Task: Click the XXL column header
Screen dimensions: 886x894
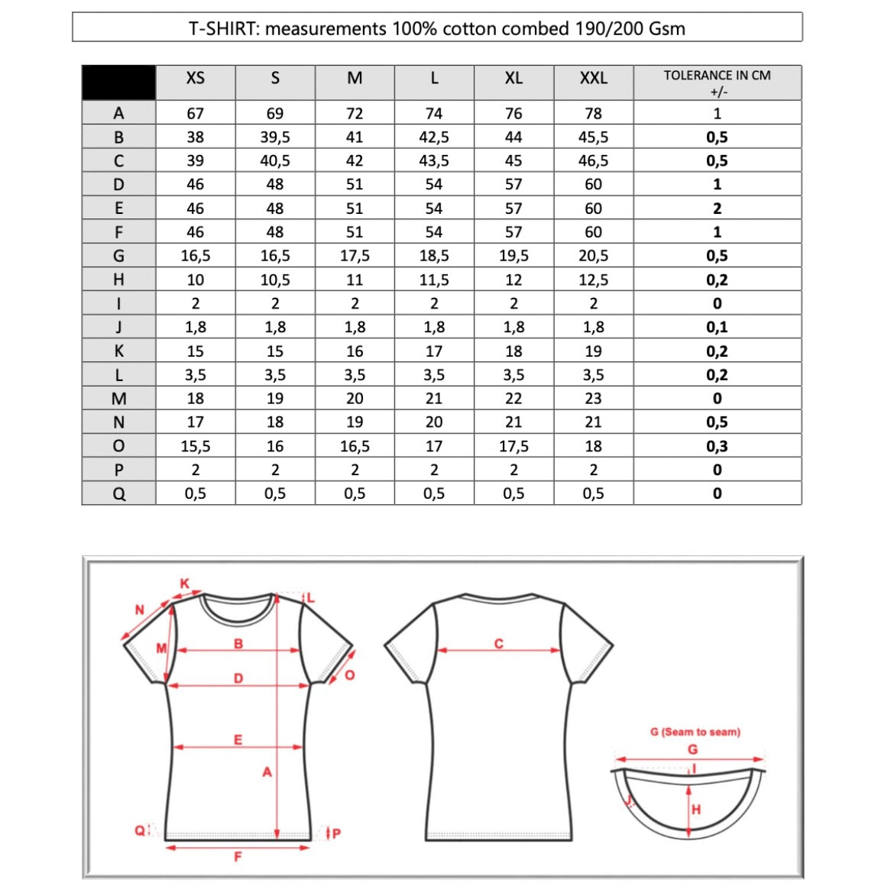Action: (593, 79)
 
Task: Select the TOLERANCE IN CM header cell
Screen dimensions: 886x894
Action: (717, 82)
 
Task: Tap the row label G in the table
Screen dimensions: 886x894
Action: (118, 256)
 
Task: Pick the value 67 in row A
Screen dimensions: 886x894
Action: (196, 114)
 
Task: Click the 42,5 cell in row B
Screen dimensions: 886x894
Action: (434, 137)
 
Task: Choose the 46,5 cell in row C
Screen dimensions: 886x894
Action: (593, 161)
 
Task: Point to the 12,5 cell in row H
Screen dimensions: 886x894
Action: (593, 280)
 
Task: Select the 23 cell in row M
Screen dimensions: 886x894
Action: (593, 399)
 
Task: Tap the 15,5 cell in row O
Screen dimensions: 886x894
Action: (196, 446)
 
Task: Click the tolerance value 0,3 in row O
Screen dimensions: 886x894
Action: (717, 446)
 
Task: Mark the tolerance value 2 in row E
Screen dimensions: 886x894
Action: (717, 209)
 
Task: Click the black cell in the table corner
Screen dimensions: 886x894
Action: (118, 82)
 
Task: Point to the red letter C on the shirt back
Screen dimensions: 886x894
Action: (499, 644)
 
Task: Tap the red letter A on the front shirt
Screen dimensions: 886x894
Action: (267, 772)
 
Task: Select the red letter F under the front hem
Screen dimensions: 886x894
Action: (238, 857)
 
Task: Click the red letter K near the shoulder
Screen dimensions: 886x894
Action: (184, 584)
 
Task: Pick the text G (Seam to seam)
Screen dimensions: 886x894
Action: (695, 732)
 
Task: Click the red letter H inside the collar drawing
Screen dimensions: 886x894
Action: (695, 810)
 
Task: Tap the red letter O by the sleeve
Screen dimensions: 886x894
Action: (350, 675)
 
